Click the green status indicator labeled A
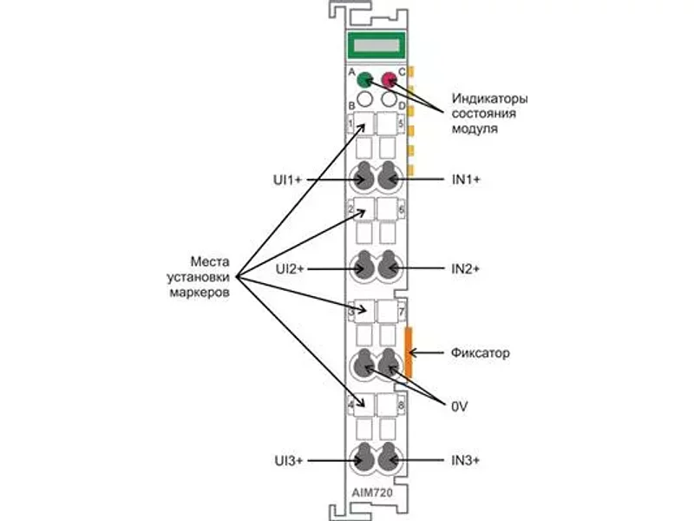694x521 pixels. pos(364,80)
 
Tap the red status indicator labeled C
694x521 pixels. pos(389,80)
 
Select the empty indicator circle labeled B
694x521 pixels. pos(364,99)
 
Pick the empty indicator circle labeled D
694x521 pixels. pos(389,99)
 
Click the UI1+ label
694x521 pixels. pos(287,180)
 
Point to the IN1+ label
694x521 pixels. pos(466,180)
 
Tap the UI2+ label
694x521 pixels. pos(290,269)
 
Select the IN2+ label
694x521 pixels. pos(466,268)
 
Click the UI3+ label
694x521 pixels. pos(289,461)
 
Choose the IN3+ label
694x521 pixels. pos(466,460)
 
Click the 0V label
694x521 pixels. pos(460,406)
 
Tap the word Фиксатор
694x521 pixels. pos(481,353)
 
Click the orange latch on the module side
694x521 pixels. pos(408,353)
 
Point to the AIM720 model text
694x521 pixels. pos(372,492)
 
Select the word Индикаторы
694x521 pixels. pos(489,98)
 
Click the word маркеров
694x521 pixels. pos(200,293)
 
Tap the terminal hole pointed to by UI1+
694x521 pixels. pos(364,177)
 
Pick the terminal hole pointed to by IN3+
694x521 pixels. pos(389,458)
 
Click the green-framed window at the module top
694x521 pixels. pos(376,45)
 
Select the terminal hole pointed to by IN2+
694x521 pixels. pos(389,266)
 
